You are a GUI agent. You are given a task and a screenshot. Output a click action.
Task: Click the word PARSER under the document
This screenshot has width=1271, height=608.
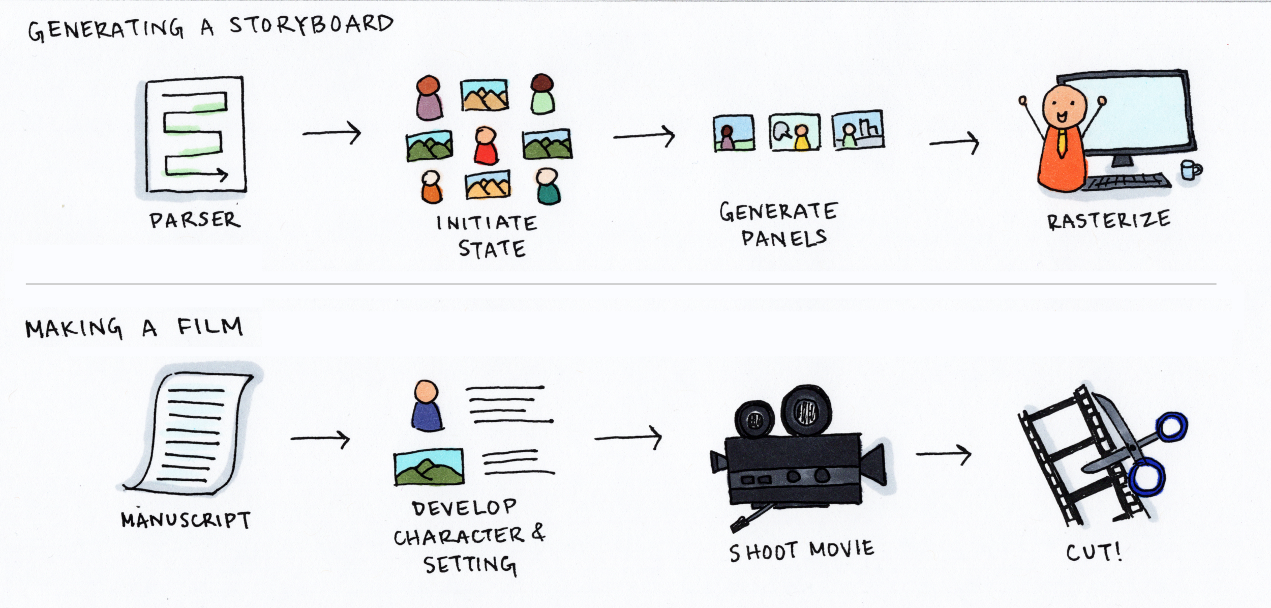coord(194,220)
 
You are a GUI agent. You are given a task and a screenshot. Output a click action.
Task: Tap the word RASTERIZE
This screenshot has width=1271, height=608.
coord(1109,220)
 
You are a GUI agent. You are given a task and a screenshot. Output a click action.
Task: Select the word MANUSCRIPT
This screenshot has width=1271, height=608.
coord(186,520)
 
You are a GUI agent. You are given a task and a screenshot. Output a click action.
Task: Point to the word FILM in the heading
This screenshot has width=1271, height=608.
coord(210,326)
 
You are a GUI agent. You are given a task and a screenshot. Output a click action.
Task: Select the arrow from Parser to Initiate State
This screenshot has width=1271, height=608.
coord(331,133)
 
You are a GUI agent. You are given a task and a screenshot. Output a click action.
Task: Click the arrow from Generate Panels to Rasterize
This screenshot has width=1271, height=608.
coord(954,143)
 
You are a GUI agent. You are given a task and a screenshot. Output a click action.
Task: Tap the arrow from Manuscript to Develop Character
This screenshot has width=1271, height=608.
coord(320,439)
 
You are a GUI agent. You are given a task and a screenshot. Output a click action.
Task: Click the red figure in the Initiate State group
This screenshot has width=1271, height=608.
coord(486,147)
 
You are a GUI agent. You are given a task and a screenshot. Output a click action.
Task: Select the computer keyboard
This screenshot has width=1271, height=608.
coord(1126,182)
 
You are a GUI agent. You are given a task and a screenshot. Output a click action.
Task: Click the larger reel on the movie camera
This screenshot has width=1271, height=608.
coord(805,410)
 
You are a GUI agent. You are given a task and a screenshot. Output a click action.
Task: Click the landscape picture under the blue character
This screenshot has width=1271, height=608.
coord(429,467)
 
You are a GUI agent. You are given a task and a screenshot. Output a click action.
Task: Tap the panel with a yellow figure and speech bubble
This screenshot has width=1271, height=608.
coord(794,132)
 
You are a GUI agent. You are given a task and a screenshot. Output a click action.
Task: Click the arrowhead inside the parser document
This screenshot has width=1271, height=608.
coord(224,175)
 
